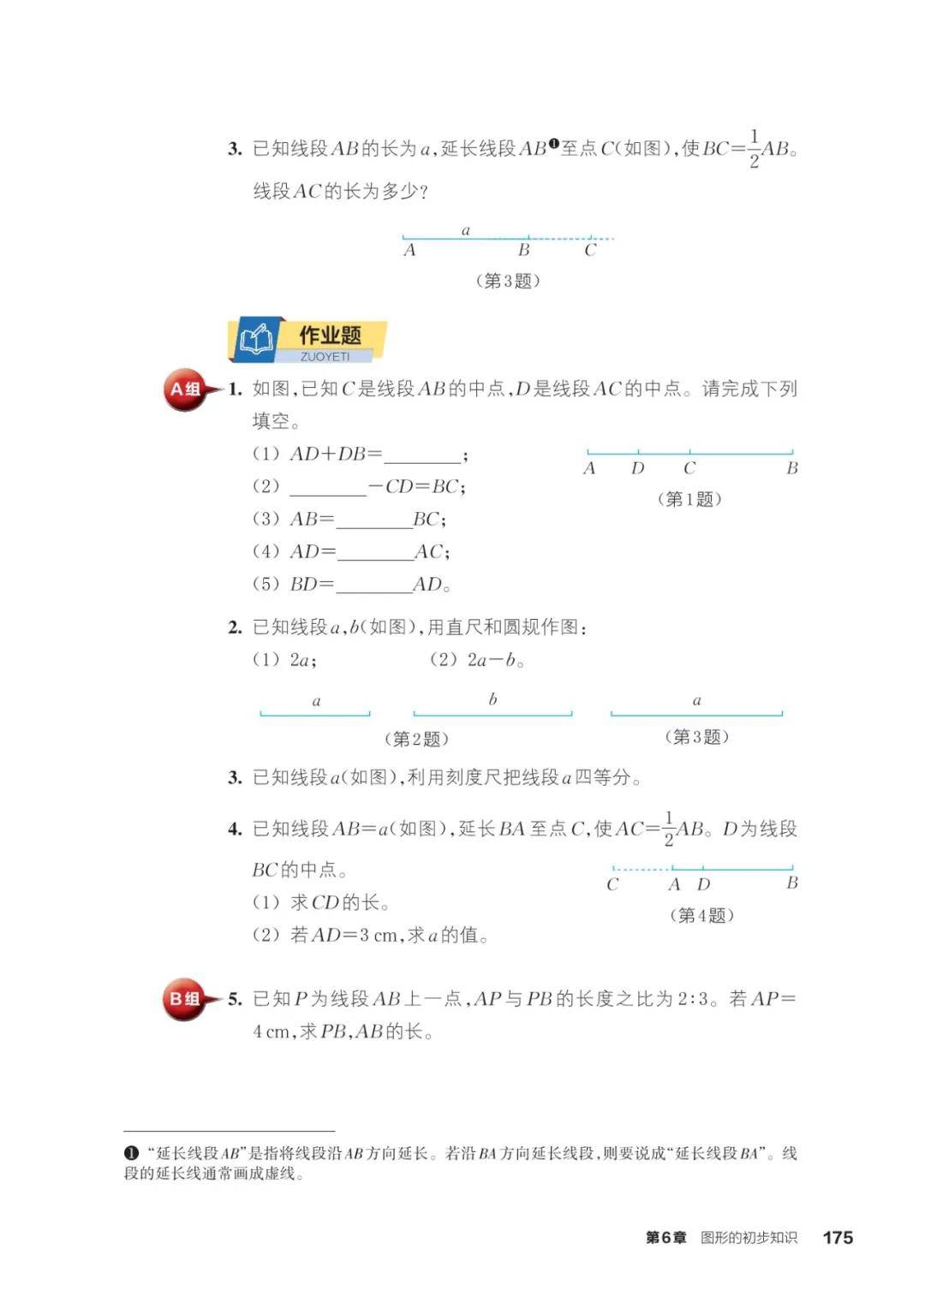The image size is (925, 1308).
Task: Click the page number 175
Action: click(837, 1237)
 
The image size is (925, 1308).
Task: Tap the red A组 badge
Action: click(184, 390)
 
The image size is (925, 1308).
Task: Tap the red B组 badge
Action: click(184, 999)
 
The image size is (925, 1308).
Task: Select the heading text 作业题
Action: click(330, 335)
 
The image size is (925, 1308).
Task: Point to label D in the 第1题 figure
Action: click(637, 468)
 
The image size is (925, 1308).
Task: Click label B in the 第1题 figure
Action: click(791, 468)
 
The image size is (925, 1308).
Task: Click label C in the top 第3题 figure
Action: click(590, 250)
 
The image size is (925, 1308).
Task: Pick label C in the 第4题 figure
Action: click(612, 884)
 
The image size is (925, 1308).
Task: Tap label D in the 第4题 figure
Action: click(703, 884)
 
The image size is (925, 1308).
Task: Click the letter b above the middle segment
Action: click(492, 699)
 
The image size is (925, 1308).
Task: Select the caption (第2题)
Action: click(416, 738)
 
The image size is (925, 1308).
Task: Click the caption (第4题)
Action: click(701, 915)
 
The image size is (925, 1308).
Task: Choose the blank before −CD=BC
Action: click(328, 488)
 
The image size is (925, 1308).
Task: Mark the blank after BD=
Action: click(374, 586)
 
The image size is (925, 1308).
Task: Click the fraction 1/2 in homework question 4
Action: click(668, 829)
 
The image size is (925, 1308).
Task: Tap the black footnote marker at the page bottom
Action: click(131, 1153)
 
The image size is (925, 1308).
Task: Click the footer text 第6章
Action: click(665, 1238)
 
